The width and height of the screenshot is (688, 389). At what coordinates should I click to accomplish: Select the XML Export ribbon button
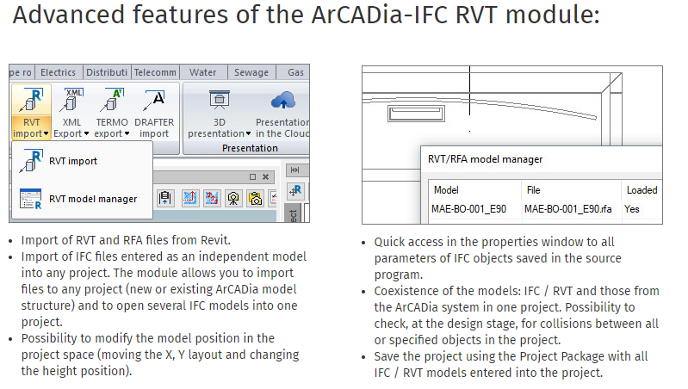[71, 112]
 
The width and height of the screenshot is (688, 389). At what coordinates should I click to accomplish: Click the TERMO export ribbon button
[109, 112]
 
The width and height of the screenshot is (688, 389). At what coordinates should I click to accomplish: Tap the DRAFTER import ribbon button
[154, 112]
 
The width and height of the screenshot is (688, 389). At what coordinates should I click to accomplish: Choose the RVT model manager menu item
[92, 199]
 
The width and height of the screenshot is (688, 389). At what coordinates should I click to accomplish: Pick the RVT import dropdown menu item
[72, 161]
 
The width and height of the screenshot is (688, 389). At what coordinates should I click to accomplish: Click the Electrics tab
[59, 73]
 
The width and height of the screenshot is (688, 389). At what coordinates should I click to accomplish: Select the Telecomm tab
[155, 73]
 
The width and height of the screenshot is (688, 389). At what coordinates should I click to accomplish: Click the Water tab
[203, 73]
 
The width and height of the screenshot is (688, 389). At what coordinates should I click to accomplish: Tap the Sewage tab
[251, 73]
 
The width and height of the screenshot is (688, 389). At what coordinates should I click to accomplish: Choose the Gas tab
[295, 73]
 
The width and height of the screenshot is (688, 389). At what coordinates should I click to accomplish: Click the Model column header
[446, 190]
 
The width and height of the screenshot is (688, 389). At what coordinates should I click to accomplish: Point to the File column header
[533, 190]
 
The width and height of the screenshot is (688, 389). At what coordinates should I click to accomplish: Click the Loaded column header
[642, 190]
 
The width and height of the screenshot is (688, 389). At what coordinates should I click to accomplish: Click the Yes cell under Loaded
[633, 209]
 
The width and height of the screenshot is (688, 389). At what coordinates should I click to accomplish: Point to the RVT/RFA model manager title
[485, 159]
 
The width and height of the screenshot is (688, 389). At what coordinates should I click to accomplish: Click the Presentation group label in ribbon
[250, 148]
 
